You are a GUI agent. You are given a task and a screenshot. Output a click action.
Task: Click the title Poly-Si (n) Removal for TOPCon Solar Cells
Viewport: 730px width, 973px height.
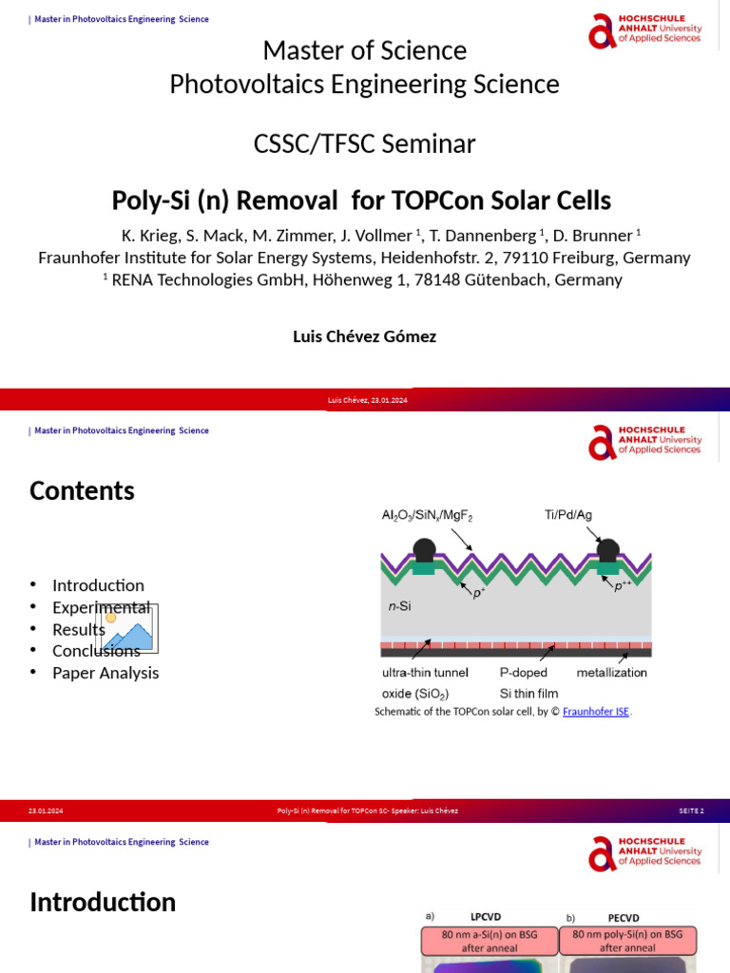[x=361, y=201]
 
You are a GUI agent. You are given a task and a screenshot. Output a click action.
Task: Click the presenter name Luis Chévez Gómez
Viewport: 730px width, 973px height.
[x=364, y=336]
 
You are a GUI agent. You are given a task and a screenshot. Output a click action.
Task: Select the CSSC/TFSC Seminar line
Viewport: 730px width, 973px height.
[x=364, y=144]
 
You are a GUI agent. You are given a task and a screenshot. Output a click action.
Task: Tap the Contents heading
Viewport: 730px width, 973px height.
[x=82, y=490]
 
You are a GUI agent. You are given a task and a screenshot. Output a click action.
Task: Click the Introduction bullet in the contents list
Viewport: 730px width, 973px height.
[x=98, y=585]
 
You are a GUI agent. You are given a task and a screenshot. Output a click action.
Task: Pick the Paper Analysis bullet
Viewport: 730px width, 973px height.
[x=106, y=673]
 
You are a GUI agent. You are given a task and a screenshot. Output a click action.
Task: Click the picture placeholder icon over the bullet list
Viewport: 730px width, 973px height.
[x=126, y=629]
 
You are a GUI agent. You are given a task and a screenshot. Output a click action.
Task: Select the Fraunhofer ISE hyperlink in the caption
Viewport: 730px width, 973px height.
[x=596, y=712]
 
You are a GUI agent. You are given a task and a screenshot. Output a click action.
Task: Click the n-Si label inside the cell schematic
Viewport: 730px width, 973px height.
[x=398, y=604]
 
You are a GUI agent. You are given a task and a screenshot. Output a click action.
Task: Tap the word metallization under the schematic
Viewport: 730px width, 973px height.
[x=612, y=673]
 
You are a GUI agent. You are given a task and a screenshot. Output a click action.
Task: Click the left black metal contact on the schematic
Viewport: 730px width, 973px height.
[x=424, y=550]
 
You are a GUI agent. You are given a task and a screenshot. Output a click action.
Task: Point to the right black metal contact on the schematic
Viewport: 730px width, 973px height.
[x=607, y=550]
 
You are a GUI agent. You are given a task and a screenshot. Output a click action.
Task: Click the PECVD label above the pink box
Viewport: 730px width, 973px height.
[x=624, y=917]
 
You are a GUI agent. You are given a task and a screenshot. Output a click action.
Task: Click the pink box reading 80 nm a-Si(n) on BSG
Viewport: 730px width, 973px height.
[x=490, y=941]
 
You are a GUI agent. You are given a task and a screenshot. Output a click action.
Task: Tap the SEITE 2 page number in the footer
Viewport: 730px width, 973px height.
[x=691, y=811]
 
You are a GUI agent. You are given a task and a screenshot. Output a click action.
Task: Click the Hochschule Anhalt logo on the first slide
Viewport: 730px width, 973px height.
[x=644, y=30]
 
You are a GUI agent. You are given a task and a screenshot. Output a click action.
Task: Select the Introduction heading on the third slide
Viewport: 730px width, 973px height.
[x=103, y=902]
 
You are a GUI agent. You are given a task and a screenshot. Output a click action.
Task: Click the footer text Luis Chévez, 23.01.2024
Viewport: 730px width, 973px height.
[x=367, y=400]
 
